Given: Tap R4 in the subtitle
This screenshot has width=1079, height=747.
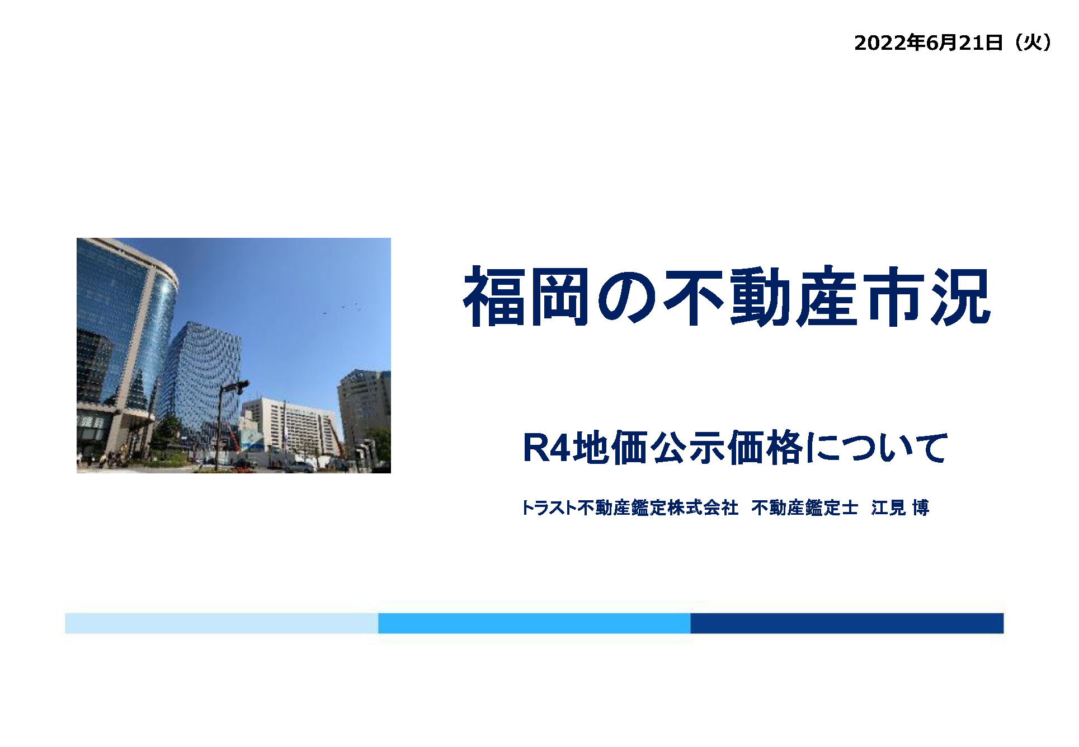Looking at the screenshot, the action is [546, 448].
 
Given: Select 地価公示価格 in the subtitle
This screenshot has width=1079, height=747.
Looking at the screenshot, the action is [688, 448].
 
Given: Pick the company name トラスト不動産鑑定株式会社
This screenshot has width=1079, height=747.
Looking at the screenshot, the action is [630, 508].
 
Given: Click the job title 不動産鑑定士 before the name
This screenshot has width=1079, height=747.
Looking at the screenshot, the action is [805, 508].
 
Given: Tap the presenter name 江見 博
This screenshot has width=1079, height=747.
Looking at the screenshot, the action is [900, 508].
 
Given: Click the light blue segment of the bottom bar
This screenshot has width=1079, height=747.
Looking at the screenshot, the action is [222, 623].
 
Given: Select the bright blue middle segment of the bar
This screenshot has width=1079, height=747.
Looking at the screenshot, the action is [534, 623].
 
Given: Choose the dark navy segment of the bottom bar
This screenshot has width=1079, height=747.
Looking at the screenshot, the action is [847, 623].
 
